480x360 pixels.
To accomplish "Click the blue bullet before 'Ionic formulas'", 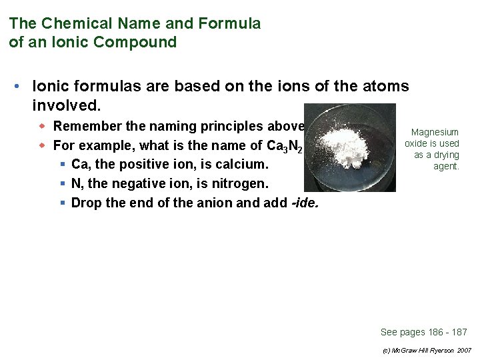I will pyautogui.click(x=22, y=87).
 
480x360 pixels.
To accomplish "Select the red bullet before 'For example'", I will pyautogui.click(x=42, y=145).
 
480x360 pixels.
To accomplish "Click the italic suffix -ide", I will pyautogui.click(x=305, y=203).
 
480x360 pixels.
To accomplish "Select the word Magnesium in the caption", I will pyautogui.click(x=435, y=132).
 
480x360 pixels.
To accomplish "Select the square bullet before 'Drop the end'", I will pyautogui.click(x=61, y=203).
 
